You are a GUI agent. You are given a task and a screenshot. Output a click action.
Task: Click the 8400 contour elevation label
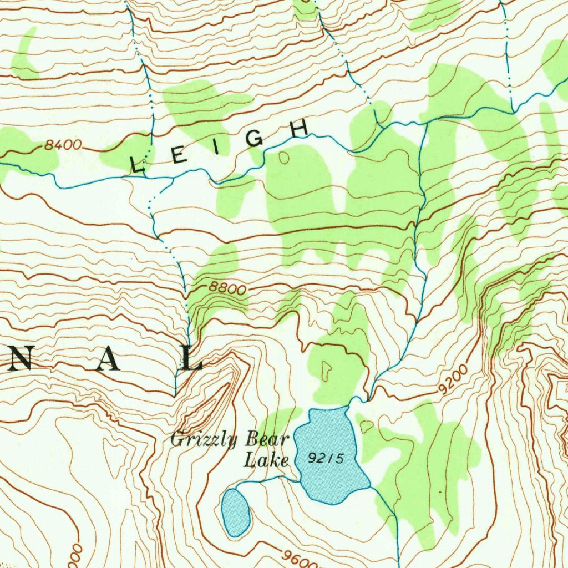[x=63, y=145]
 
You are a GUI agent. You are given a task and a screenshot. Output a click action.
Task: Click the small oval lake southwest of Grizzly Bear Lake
[x=236, y=513]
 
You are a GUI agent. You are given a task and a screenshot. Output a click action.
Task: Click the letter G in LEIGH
[x=255, y=138]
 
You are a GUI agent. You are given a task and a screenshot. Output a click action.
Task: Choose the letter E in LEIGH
[x=178, y=157]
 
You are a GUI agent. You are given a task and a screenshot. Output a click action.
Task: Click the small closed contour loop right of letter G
[x=285, y=159]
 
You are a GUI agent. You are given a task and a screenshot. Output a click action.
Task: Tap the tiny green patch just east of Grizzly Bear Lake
[x=367, y=426]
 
